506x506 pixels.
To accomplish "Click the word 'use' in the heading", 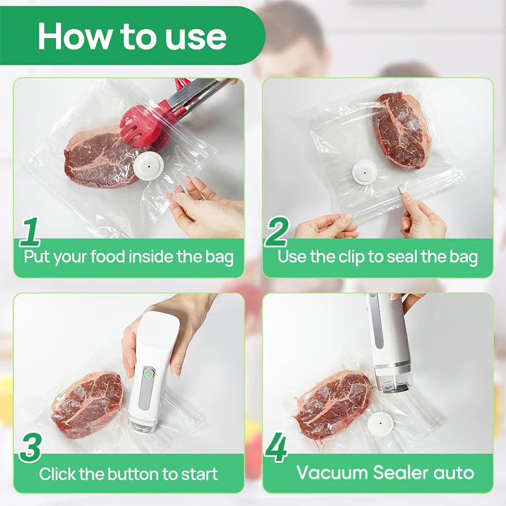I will click(x=195, y=37).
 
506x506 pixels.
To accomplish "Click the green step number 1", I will click(x=30, y=231).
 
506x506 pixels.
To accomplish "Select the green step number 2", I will click(x=276, y=232).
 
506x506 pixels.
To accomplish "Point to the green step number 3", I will click(x=30, y=447).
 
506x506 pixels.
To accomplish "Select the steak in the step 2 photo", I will click(x=401, y=130).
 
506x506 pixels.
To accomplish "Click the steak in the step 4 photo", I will click(x=332, y=403).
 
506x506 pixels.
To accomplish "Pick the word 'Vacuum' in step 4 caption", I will click(x=333, y=472).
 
